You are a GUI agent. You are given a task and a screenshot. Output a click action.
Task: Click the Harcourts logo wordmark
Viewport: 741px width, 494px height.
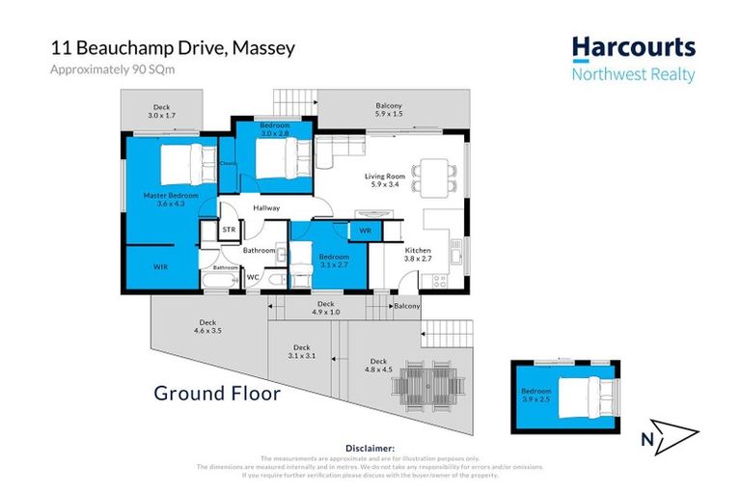[x=632, y=48]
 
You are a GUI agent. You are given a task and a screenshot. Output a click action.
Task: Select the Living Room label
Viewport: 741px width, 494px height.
[x=383, y=181]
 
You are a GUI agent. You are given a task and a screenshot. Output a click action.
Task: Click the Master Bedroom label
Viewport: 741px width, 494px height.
[x=170, y=200]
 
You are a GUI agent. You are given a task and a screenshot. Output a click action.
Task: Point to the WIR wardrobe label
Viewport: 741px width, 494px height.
[x=161, y=266]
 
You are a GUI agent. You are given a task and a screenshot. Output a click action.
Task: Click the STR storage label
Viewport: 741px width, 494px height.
[x=229, y=231]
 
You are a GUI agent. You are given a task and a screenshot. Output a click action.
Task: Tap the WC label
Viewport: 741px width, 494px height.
[x=253, y=278]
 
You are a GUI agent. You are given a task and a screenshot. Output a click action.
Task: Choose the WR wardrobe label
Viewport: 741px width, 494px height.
[x=366, y=232]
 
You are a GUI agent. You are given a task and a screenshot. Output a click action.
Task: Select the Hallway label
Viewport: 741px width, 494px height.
[x=266, y=207]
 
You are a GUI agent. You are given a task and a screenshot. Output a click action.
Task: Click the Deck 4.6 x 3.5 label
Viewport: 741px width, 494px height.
[x=207, y=327]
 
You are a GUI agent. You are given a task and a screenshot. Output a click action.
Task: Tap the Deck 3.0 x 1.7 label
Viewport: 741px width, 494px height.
[x=160, y=112]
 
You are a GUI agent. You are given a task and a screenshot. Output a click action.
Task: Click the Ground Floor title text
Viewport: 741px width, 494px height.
[x=217, y=394]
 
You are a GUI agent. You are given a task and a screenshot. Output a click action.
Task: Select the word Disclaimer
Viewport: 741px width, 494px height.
[x=370, y=449]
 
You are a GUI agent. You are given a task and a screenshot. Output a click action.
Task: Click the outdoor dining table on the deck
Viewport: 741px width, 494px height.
[x=425, y=384]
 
